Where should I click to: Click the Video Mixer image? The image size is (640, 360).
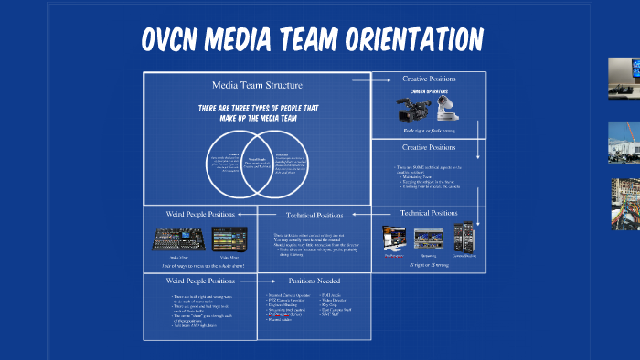click(x=229, y=238)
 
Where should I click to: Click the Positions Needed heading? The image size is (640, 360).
click(x=314, y=281)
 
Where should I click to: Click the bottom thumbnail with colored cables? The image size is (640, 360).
click(x=625, y=203)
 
